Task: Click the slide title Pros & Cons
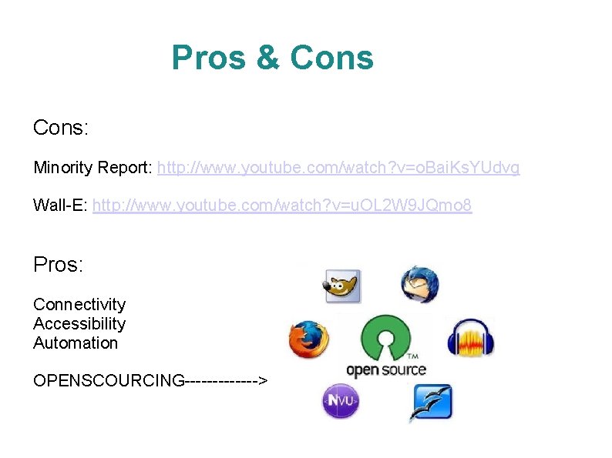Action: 272,58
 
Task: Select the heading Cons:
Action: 61,128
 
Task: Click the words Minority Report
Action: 92,168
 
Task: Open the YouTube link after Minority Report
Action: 338,168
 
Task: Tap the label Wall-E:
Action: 60,206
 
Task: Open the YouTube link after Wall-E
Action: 282,206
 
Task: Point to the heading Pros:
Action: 59,265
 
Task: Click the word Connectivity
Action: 79,305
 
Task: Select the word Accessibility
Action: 79,324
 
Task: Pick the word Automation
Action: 76,343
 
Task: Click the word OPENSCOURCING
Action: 109,380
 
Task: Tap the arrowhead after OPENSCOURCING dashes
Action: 263,380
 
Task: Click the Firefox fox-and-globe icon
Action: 308,340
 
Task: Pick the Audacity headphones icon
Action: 470,339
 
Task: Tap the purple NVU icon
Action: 340,400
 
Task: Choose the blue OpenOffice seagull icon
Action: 430,402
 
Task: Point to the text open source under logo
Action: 386,369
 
